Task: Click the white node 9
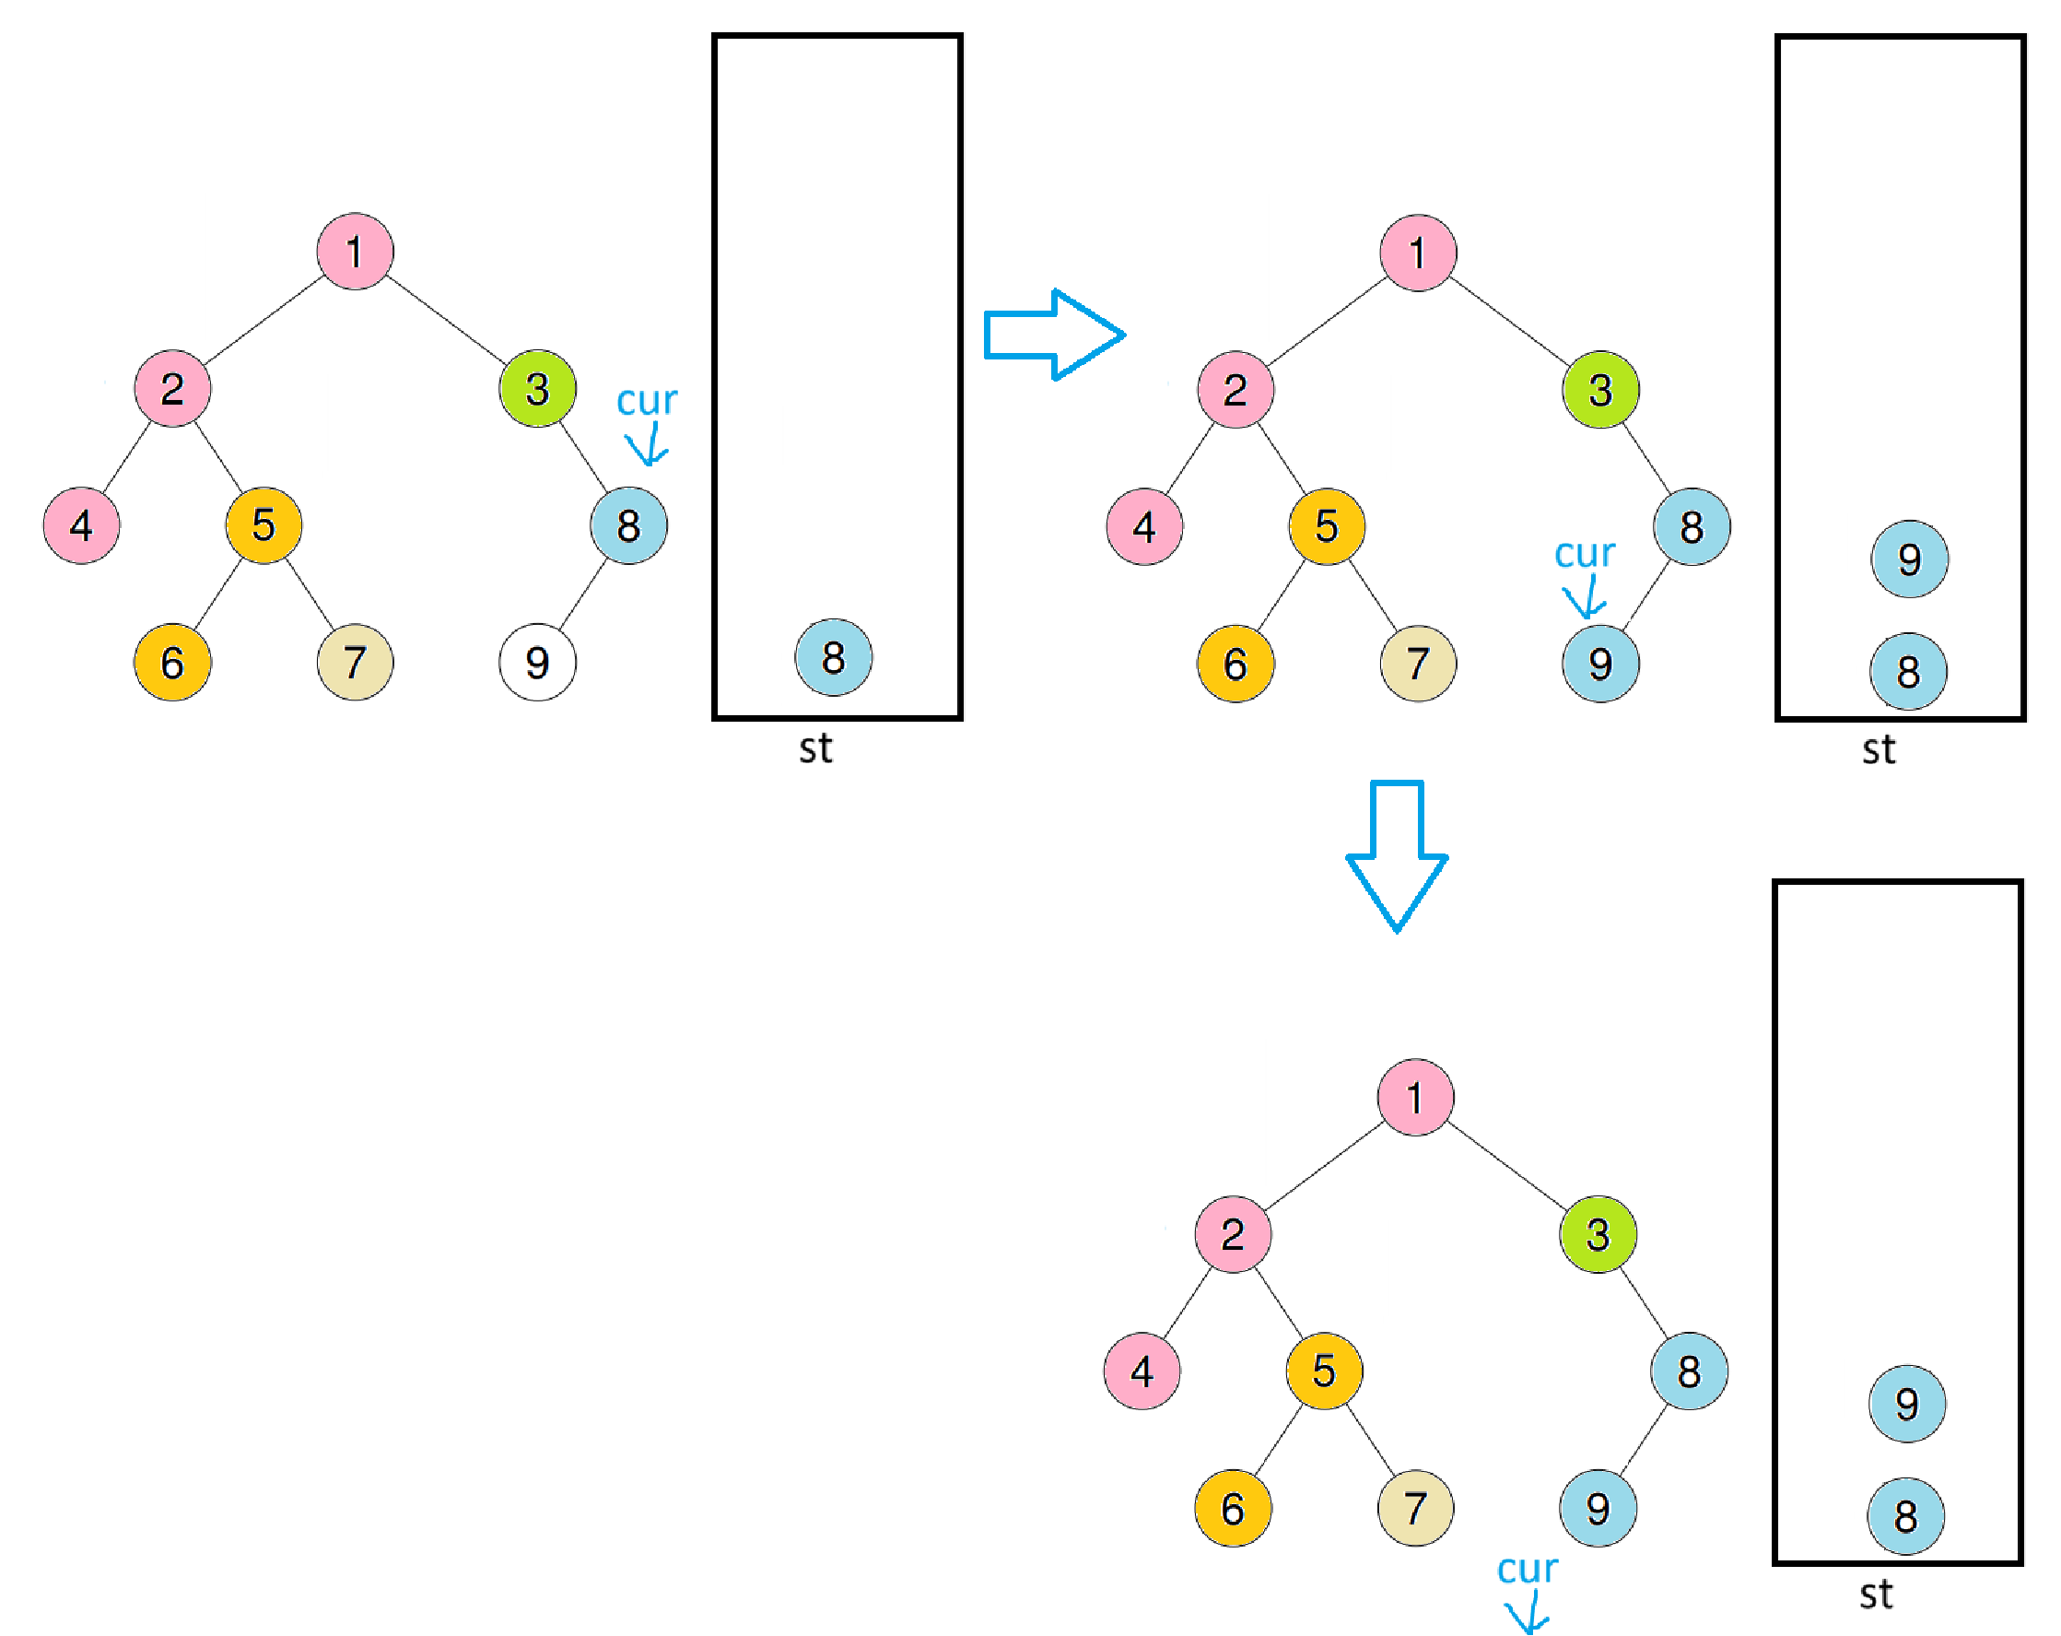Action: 537,663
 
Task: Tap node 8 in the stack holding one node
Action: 834,658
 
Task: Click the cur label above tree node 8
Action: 646,401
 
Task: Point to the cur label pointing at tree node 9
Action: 1584,554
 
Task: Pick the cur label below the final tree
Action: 1527,1569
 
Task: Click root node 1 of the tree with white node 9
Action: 355,252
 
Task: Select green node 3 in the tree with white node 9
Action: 537,388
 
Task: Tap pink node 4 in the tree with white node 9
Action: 81,525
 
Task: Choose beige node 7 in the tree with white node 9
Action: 355,663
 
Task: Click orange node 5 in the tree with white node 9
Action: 263,525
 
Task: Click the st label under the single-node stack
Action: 815,748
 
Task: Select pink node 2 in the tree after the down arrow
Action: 1233,1234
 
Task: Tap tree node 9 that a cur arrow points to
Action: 1600,664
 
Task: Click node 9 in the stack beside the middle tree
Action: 1909,559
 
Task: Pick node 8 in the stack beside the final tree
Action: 1906,1516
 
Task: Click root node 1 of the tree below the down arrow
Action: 1416,1097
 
